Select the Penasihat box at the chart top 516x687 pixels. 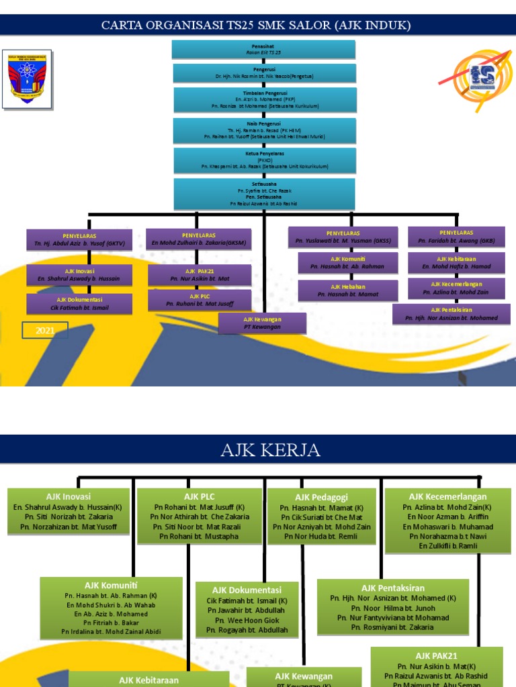click(263, 49)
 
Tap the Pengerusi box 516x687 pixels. click(263, 73)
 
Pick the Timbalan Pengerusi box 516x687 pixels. click(265, 99)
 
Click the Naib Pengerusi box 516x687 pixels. click(265, 130)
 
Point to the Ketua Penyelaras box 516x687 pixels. click(264, 160)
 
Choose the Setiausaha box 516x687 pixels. click(264, 194)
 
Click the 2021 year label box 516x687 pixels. click(44, 329)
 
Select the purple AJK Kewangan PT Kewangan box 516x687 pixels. click(262, 323)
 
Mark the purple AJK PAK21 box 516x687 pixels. click(200, 274)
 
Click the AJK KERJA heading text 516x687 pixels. click(271, 450)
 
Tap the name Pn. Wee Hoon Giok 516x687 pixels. click(245, 621)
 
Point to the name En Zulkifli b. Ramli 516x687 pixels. click(447, 546)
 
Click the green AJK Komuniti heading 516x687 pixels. click(111, 585)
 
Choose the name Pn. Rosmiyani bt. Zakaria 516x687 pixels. click(392, 627)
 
